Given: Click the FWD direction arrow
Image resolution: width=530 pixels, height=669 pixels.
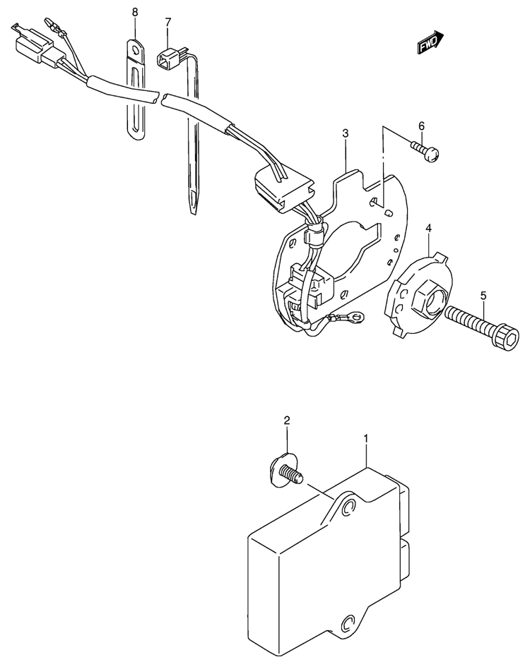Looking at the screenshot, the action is [x=430, y=42].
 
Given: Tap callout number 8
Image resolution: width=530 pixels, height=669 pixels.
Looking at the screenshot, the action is [x=136, y=13].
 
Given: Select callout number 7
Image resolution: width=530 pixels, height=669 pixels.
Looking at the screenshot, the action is [x=168, y=21].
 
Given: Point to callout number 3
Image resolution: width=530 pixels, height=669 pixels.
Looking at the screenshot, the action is [x=345, y=133].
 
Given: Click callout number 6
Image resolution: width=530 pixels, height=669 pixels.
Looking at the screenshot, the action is [x=421, y=126].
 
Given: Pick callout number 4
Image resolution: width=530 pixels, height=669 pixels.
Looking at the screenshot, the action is [x=428, y=229].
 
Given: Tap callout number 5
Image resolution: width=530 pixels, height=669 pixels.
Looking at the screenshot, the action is [x=483, y=295].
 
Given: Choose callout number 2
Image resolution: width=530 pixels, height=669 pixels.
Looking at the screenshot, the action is [x=287, y=421].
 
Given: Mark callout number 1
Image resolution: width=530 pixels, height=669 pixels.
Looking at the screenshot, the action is [x=365, y=438].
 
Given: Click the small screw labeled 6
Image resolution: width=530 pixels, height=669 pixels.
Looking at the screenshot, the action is [x=425, y=152].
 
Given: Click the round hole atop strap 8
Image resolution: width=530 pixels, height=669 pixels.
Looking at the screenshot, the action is [x=136, y=50].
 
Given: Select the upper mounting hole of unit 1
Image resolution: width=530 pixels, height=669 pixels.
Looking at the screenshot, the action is [x=349, y=507].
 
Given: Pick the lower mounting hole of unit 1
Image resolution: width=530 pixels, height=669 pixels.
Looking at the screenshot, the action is [x=347, y=625].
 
